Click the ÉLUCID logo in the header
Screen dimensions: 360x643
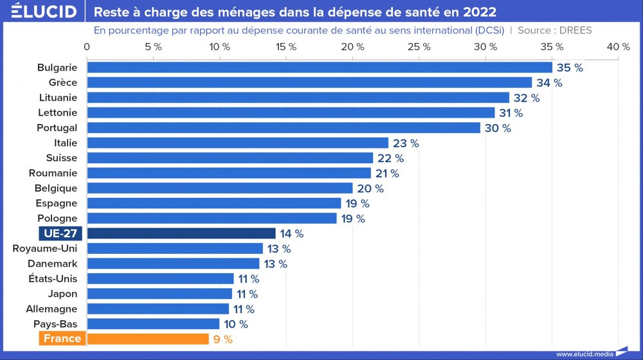(x=39, y=12)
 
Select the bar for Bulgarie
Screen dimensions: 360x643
(x=320, y=67)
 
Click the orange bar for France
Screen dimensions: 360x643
(x=148, y=339)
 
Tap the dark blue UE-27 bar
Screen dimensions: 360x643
(x=181, y=233)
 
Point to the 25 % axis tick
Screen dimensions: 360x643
(x=419, y=47)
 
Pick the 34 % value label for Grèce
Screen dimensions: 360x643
(x=549, y=83)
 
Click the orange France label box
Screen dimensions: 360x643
(x=62, y=339)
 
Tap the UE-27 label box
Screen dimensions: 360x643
(x=60, y=233)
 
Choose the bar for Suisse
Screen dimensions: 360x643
(x=230, y=158)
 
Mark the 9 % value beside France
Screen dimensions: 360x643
(x=222, y=339)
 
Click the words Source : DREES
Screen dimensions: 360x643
(x=554, y=30)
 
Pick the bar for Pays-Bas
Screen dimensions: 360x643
(x=153, y=324)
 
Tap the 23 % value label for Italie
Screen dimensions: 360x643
(x=406, y=143)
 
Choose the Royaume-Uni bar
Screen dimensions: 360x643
(x=175, y=248)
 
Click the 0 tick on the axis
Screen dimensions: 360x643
(x=87, y=47)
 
